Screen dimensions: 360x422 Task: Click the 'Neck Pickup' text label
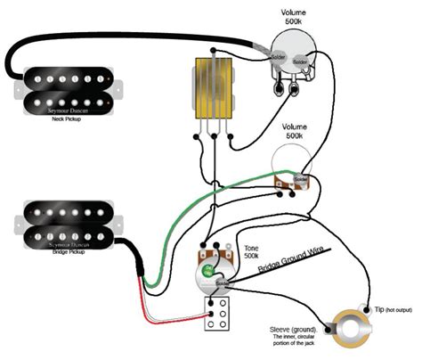point(63,117)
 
